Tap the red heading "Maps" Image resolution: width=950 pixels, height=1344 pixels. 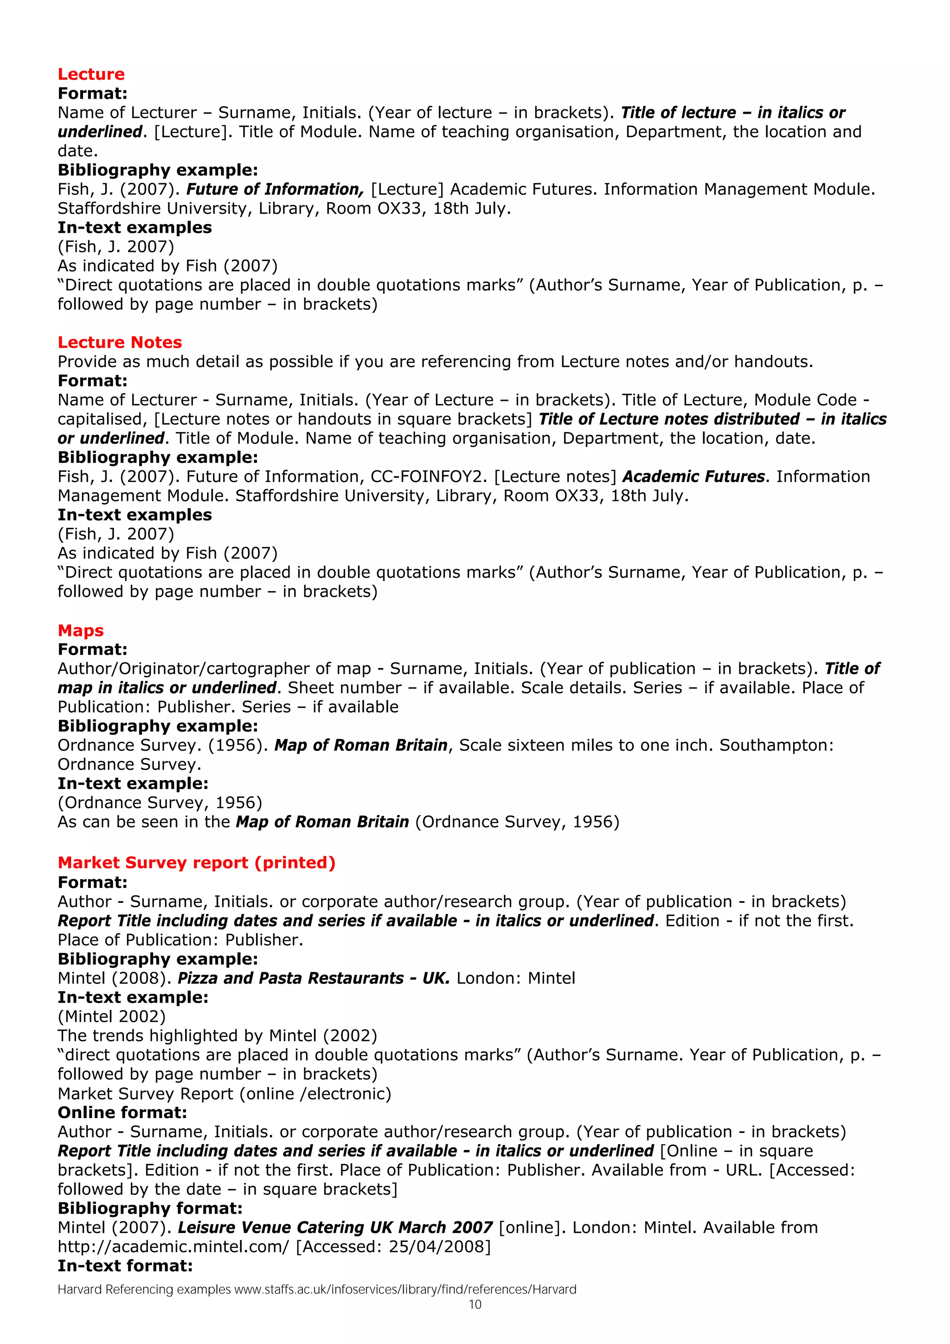click(x=80, y=630)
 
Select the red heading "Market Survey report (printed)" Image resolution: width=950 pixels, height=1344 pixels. click(x=196, y=862)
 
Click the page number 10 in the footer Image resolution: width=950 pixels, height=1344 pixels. click(x=475, y=1304)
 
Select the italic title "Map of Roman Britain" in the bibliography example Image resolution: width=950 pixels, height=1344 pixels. click(x=360, y=745)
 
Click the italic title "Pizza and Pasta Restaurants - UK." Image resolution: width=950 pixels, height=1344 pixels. click(x=314, y=978)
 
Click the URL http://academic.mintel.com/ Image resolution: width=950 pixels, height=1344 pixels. click(x=173, y=1246)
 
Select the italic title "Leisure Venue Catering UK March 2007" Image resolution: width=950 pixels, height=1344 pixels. click(x=335, y=1227)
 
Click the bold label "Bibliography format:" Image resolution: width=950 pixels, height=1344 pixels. click(x=150, y=1208)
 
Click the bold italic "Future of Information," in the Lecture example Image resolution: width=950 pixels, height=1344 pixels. click(x=275, y=189)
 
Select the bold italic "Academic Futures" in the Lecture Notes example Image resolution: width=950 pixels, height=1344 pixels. click(x=693, y=476)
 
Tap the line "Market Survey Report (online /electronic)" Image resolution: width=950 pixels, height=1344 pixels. click(x=224, y=1093)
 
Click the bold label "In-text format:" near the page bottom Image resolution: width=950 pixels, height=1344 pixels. click(x=125, y=1266)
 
